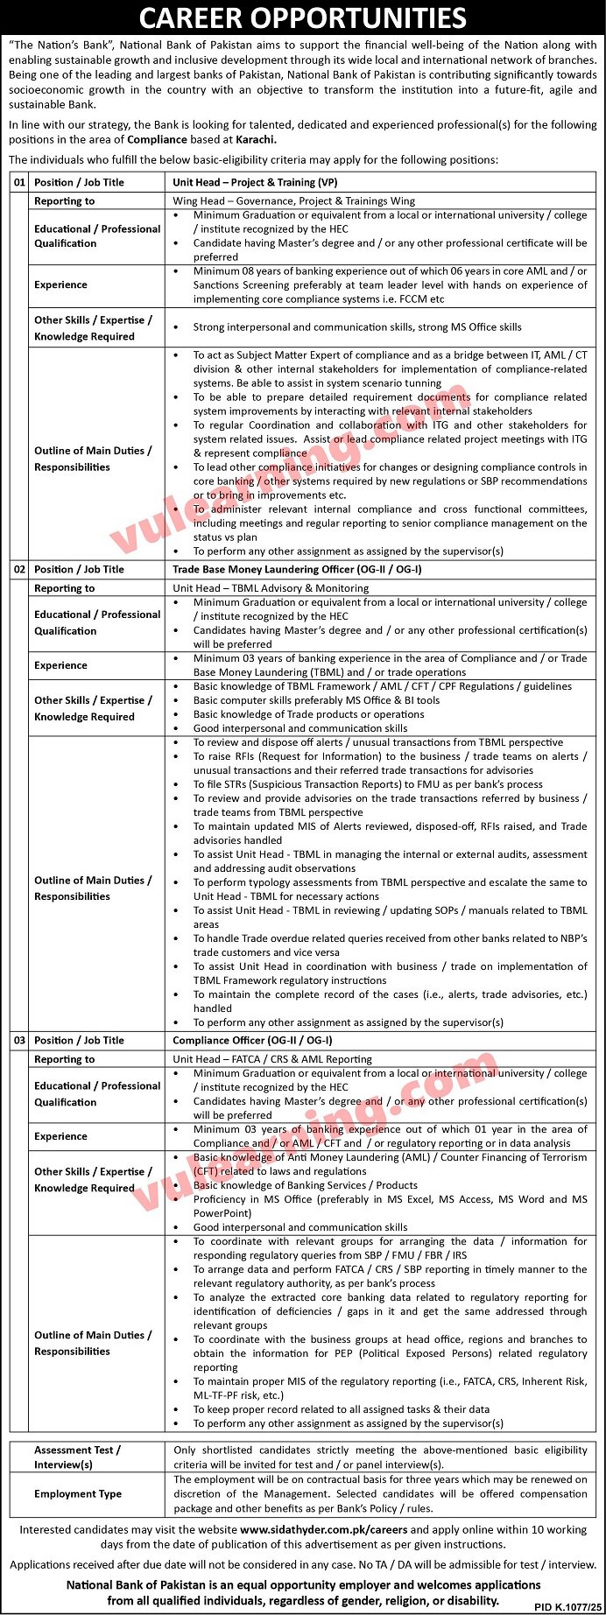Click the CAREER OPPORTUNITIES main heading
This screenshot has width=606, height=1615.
(x=302, y=18)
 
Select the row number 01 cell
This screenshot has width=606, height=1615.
(x=18, y=182)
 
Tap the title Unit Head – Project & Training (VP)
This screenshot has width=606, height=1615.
(x=255, y=182)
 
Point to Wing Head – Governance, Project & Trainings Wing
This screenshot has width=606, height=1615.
(x=294, y=200)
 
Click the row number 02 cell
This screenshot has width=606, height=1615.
(x=18, y=569)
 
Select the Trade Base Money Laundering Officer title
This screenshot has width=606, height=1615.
(x=297, y=569)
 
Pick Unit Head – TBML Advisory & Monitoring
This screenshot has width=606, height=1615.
(x=271, y=588)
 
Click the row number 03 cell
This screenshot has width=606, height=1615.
(x=18, y=1040)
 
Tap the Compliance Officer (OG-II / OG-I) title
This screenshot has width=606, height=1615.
(x=253, y=1040)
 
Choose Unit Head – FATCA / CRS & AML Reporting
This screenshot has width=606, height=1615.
(x=272, y=1059)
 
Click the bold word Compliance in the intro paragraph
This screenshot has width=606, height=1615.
(x=157, y=139)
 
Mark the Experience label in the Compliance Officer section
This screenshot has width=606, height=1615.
(x=60, y=1136)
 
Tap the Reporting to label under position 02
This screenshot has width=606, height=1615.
(x=64, y=588)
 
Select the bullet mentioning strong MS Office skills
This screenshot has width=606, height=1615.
(x=357, y=327)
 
